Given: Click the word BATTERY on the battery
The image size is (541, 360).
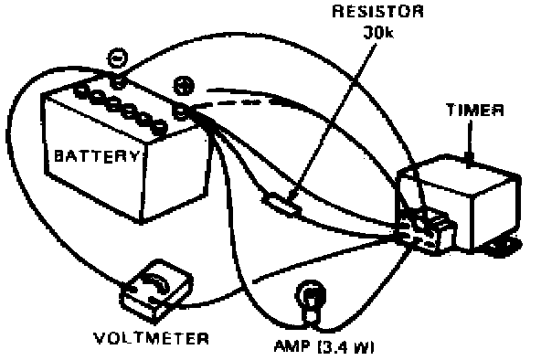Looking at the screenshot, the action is click(98, 156).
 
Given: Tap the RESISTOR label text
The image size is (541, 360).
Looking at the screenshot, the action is click(377, 12).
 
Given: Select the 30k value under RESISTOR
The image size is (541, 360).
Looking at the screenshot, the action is click(378, 32).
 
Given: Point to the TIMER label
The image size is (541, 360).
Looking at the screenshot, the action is click(475, 110).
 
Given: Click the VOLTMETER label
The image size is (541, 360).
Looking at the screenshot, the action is click(152, 339).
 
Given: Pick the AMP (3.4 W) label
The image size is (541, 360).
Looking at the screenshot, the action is click(324, 346).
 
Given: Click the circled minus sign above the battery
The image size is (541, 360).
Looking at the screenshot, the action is click(118, 58).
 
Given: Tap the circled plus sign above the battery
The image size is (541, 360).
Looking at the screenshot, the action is click(184, 85).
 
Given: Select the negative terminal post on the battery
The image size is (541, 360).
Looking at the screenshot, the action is click(119, 82).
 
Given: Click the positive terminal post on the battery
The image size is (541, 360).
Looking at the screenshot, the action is click(181, 112).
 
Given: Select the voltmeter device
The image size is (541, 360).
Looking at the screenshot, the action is click(156, 291).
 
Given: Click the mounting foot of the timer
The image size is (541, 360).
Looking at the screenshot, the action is click(504, 247).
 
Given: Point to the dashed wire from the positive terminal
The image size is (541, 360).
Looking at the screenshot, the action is click(235, 103).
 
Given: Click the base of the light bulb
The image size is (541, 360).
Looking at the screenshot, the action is click(310, 316).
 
